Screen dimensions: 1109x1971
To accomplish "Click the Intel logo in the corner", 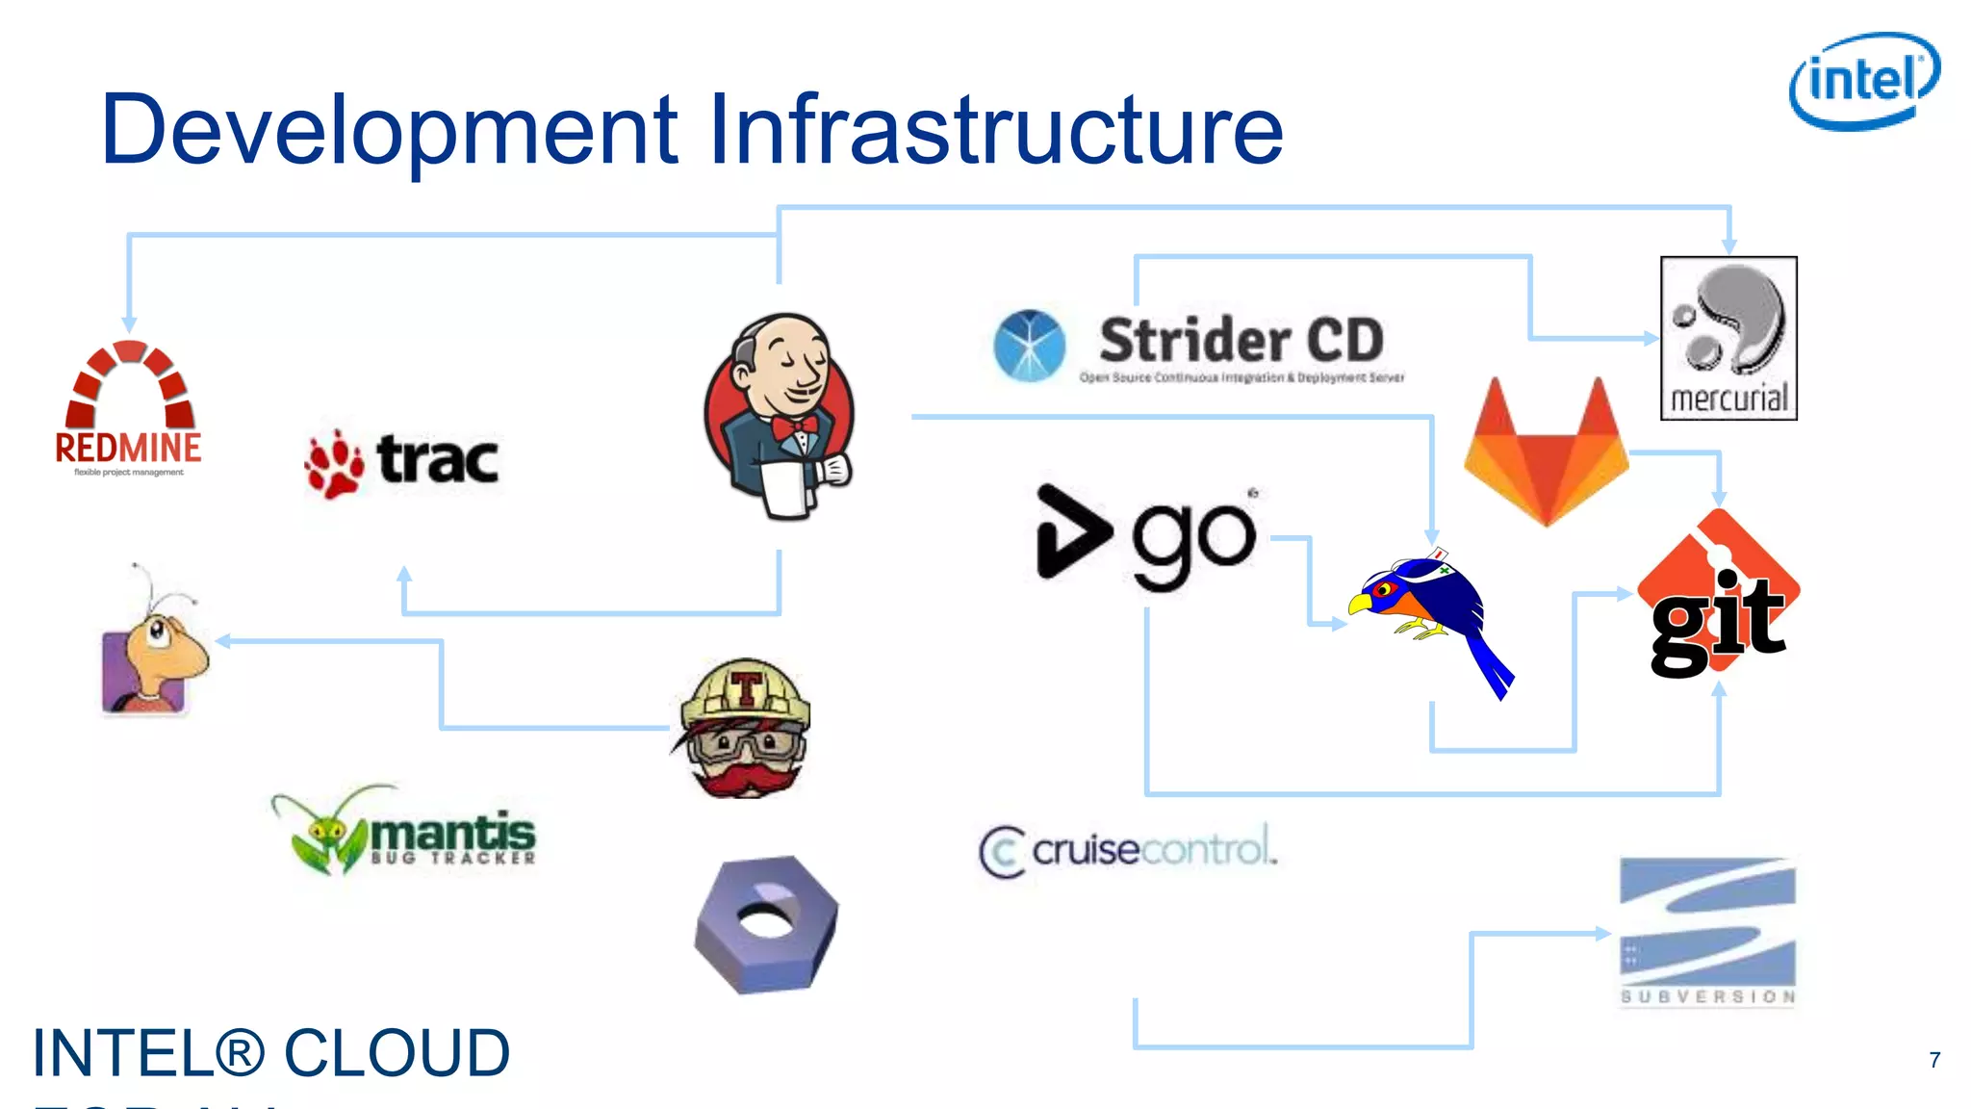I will tap(1864, 81).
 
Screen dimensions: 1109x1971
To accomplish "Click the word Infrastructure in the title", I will tap(996, 129).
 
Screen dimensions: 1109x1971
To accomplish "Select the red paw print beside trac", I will tap(334, 464).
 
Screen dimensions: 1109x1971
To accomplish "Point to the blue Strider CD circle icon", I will tap(1029, 345).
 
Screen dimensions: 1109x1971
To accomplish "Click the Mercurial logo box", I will tap(1728, 338).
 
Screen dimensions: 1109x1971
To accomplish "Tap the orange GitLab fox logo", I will tap(1546, 452).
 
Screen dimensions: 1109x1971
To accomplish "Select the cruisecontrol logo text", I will tap(1129, 850).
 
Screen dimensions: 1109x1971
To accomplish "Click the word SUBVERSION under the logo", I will tap(1707, 996).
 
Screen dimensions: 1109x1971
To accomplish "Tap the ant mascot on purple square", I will tap(154, 655).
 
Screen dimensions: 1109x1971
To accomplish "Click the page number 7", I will tap(1934, 1060).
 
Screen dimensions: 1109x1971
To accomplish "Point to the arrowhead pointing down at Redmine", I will tap(129, 324).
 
